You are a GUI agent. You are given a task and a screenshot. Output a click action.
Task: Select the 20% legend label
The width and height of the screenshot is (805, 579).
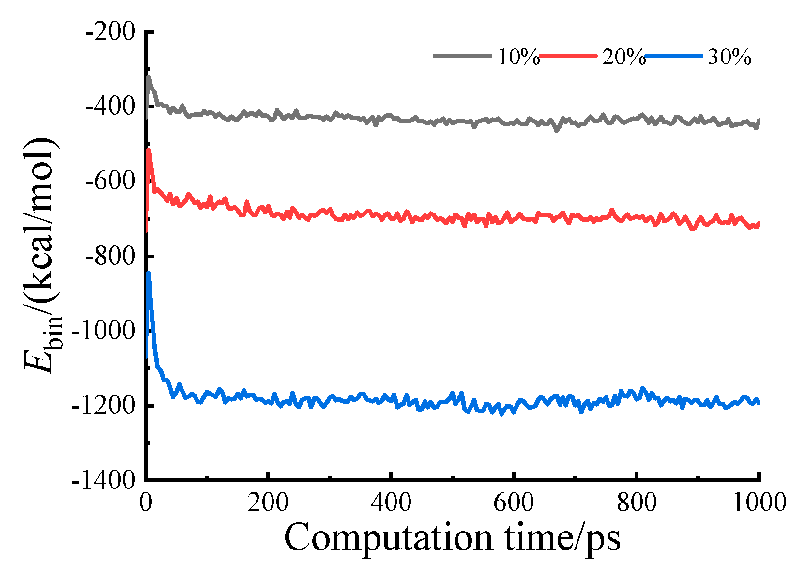(623, 57)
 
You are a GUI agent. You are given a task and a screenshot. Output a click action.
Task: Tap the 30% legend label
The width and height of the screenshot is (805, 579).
(729, 57)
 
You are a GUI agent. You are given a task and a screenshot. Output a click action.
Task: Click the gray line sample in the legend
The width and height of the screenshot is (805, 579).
(462, 56)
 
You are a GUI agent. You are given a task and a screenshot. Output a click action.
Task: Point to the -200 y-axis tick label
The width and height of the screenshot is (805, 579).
(110, 32)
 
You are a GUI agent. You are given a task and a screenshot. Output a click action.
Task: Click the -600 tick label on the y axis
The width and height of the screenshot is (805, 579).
(110, 182)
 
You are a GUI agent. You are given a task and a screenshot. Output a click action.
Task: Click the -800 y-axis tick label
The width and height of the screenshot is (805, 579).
(110, 257)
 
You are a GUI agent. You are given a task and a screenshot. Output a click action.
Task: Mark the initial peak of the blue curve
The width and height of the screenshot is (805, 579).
(149, 273)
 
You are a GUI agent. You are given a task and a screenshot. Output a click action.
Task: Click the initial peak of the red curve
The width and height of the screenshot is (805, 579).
(149, 150)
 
